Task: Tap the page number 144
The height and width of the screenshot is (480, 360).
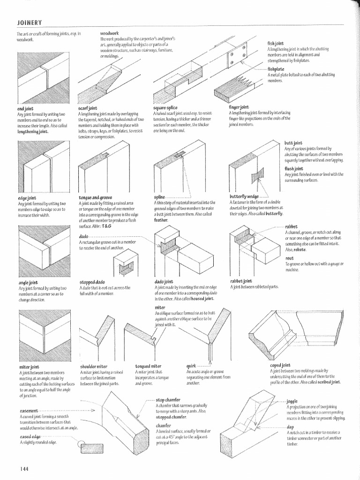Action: (x=24, y=468)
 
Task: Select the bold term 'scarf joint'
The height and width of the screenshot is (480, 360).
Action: (x=88, y=108)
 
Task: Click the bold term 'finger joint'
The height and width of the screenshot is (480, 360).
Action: (x=239, y=107)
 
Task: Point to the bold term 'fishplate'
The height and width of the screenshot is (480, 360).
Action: (x=277, y=69)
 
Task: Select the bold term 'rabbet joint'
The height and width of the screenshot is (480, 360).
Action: (x=241, y=281)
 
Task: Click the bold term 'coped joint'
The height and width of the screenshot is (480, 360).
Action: (x=280, y=365)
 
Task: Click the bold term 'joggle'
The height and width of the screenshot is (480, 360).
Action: (x=292, y=402)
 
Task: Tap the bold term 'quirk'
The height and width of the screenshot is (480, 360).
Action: (x=192, y=366)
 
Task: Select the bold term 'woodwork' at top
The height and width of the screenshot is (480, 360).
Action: (x=109, y=34)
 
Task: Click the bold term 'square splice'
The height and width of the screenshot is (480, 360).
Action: (x=165, y=108)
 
